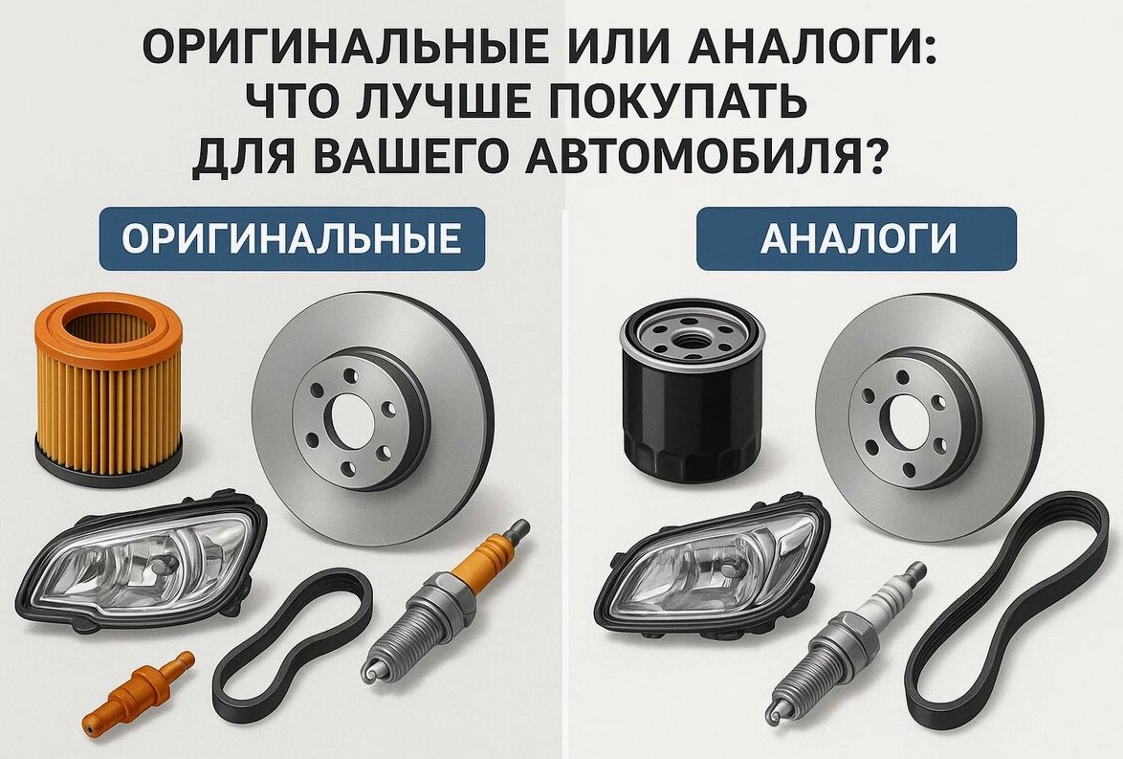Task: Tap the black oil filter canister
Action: [693, 390]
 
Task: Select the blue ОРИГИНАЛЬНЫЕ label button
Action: [292, 238]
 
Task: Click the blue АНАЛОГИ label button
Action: [856, 238]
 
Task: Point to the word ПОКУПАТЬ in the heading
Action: [677, 101]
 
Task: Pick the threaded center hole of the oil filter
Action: [692, 336]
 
